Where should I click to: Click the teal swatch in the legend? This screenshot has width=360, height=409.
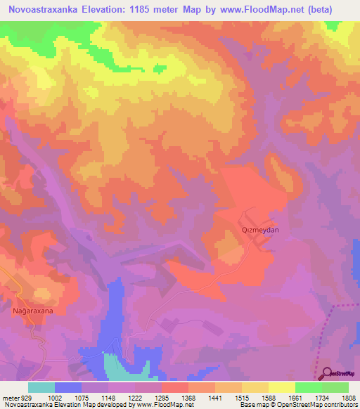tap(41, 387)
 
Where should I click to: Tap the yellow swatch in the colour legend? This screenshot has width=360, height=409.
tap(282, 387)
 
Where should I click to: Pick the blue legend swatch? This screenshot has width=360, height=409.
tap(68, 387)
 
